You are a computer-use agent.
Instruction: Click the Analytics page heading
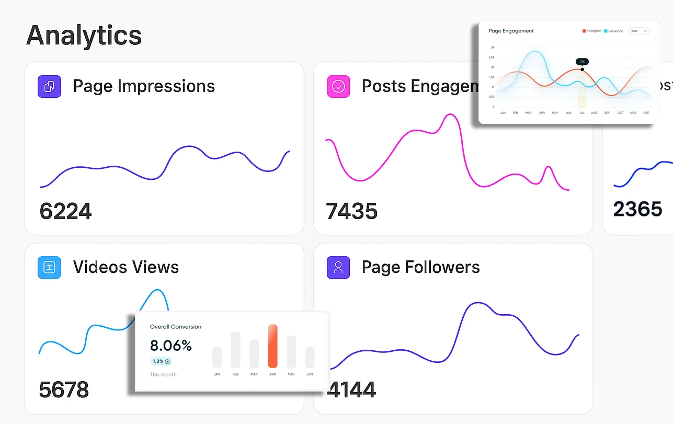point(84,36)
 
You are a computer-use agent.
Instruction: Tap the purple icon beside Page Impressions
point(49,86)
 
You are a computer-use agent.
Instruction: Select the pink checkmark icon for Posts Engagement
point(338,86)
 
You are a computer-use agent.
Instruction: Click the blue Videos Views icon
point(49,267)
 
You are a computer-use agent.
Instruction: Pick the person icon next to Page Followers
point(338,267)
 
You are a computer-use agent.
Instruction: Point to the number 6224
point(65,211)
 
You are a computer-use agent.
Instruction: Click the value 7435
point(351,211)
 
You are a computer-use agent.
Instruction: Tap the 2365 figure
point(637,209)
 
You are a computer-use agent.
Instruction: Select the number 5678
point(64,390)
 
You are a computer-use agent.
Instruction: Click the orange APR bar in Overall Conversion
point(272,346)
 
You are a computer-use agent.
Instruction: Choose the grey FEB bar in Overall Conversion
point(235,350)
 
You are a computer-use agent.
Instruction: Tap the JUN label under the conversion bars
point(310,374)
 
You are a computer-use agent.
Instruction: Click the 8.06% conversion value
point(171,346)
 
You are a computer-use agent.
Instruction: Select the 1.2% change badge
point(161,361)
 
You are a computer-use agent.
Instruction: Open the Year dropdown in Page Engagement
point(638,31)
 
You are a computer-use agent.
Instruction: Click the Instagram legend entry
point(592,31)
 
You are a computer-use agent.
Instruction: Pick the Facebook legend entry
point(613,31)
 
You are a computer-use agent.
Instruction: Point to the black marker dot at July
point(582,69)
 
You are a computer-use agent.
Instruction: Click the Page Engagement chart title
point(511,31)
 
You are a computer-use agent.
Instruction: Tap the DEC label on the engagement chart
point(647,113)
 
